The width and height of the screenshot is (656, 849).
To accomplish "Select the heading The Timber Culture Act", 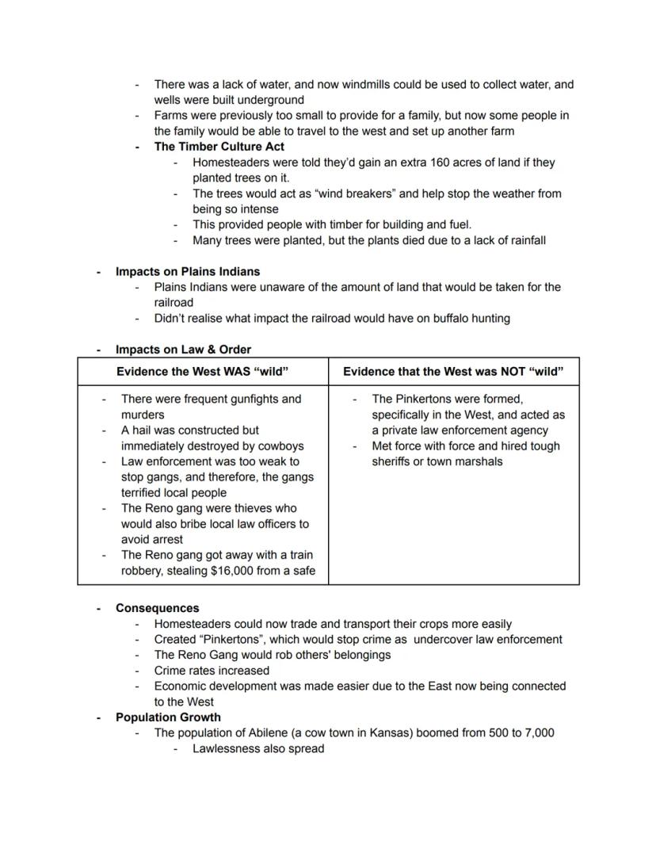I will (x=219, y=147).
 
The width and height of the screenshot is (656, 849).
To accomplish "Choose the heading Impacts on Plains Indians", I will (x=187, y=271).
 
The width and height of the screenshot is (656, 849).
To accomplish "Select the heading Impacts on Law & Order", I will (x=183, y=349).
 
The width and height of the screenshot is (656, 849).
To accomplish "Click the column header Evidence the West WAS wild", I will (x=202, y=372).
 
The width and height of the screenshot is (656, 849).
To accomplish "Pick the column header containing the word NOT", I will (x=453, y=372).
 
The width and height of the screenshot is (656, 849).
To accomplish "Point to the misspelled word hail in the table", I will (x=143, y=430).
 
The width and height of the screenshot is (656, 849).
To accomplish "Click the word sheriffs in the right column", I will (x=394, y=461).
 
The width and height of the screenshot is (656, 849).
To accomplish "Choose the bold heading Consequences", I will (x=157, y=608).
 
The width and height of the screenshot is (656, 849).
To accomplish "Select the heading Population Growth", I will (x=168, y=717).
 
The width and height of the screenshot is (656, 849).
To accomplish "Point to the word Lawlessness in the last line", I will (x=227, y=748).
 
